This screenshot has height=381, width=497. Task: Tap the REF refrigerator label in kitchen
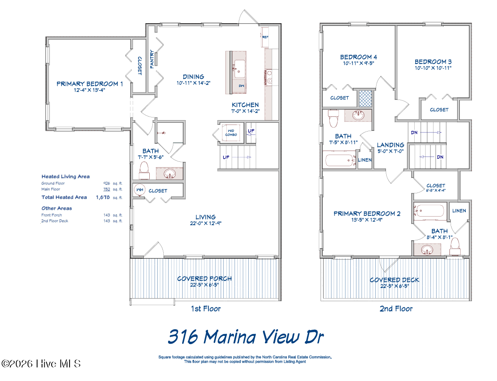[x=265, y=37]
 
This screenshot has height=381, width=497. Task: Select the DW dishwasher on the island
[x=241, y=86]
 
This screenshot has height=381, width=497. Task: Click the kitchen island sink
[x=240, y=66]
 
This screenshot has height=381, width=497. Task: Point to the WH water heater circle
[x=141, y=191]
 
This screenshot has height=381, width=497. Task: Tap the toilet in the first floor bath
[x=144, y=170]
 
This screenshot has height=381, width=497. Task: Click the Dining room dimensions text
[x=194, y=83]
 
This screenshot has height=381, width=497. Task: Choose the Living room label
[x=205, y=217]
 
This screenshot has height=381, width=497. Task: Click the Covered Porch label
[x=204, y=278]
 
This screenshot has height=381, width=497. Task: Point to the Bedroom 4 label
[x=359, y=57]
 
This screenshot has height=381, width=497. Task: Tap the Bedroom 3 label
[x=433, y=62]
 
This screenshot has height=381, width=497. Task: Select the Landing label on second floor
[x=391, y=145]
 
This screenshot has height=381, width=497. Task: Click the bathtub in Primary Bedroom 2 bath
[x=430, y=212]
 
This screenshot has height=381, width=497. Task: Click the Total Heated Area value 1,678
[x=103, y=197]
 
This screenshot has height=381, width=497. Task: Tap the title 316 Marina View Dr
[x=246, y=337]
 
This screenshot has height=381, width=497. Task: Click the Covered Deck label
[x=394, y=280]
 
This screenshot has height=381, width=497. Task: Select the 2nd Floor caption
[x=396, y=309]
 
